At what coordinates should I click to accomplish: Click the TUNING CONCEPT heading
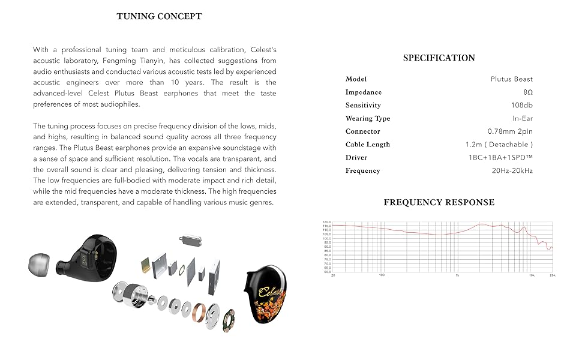point(159,16)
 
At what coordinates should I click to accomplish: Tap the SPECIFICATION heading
point(439,58)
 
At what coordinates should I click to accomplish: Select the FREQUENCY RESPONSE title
point(439,202)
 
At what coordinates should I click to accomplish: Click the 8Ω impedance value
point(527,92)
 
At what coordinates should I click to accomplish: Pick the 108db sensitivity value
point(522,106)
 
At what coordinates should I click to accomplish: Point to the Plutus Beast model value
point(511,79)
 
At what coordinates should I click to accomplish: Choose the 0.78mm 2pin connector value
point(509,131)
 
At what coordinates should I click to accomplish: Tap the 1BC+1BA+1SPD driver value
point(500,158)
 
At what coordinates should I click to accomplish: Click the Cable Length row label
point(367,145)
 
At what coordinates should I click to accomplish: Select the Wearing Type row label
point(367,119)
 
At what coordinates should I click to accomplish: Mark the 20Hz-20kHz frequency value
point(512,171)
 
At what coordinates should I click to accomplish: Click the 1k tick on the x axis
point(457,276)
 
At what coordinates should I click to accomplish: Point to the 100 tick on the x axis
point(382,276)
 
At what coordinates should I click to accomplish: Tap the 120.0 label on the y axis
point(326,221)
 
